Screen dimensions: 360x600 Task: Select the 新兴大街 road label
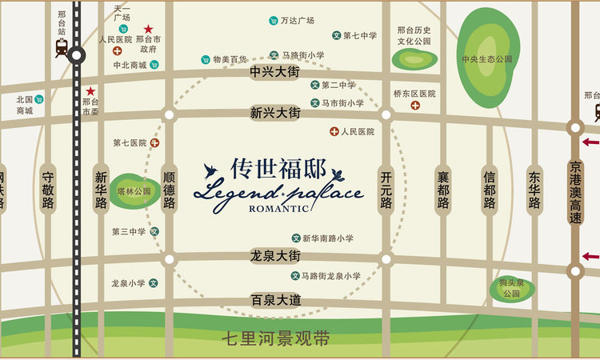pyautogui.click(x=274, y=113)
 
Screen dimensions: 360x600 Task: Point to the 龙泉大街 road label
pyautogui.click(x=274, y=256)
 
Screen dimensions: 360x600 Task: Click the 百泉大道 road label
pyautogui.click(x=274, y=300)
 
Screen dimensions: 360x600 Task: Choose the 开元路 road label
pyautogui.click(x=386, y=189)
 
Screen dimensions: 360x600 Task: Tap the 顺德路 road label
pyautogui.click(x=169, y=189)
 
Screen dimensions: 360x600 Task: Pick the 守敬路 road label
pyautogui.click(x=48, y=189)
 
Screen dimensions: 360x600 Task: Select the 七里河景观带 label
pyautogui.click(x=276, y=338)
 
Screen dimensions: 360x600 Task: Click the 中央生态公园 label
pyautogui.click(x=486, y=59)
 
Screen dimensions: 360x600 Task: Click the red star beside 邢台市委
pyautogui.click(x=91, y=91)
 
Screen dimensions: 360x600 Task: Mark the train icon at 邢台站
pyautogui.click(x=62, y=48)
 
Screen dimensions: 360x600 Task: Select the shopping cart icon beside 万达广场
pyautogui.click(x=274, y=21)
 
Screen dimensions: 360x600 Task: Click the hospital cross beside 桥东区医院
pyautogui.click(x=415, y=105)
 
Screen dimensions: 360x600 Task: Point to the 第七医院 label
pyautogui.click(x=129, y=143)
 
